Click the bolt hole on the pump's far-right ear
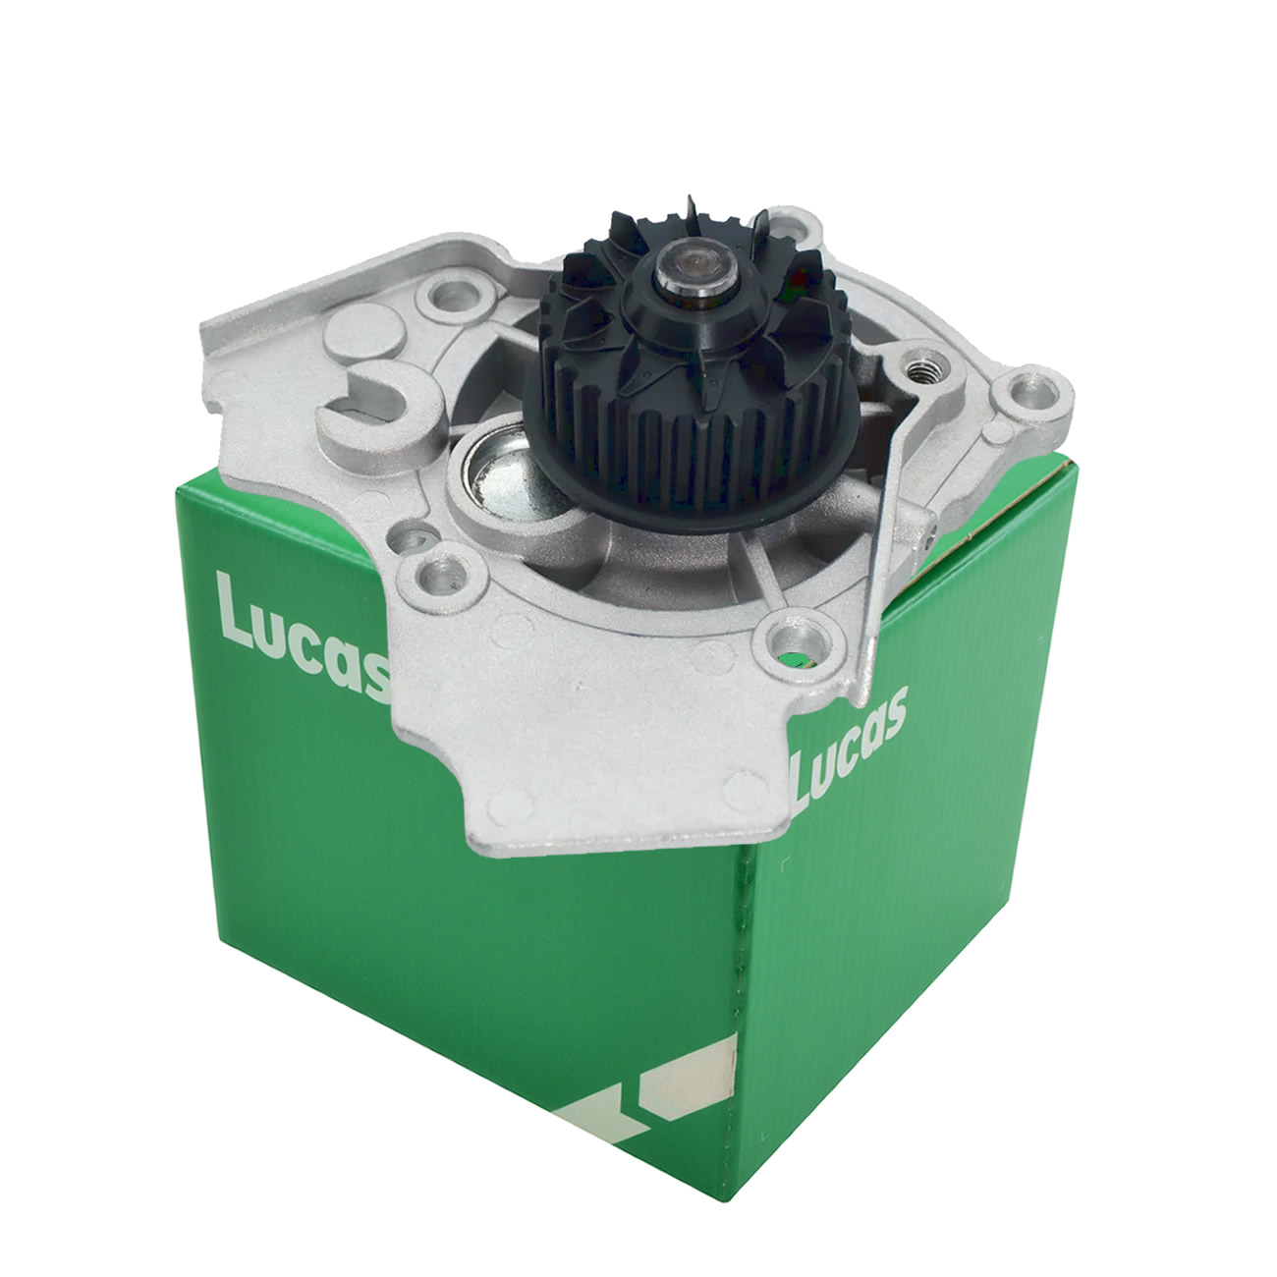(1030, 395)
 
